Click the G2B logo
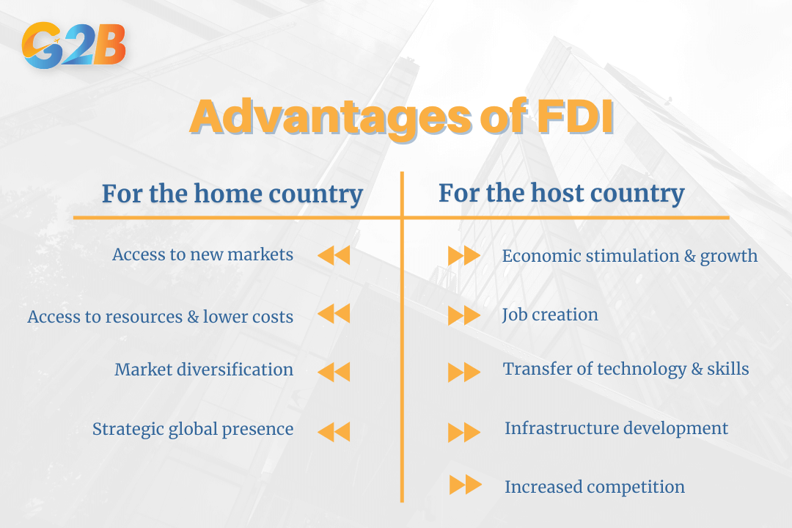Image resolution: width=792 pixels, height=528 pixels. click(74, 45)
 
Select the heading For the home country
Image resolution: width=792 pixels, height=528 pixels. click(232, 194)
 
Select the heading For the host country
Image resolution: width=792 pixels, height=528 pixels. click(561, 194)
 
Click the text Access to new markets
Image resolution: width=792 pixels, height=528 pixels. click(202, 254)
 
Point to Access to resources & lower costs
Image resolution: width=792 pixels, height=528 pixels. click(160, 317)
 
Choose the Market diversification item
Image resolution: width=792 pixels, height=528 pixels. click(203, 370)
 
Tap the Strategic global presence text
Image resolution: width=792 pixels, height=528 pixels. click(192, 429)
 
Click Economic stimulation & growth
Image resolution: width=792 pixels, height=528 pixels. click(629, 256)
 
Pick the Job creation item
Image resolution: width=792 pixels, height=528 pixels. click(550, 315)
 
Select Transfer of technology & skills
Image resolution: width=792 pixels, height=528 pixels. click(626, 369)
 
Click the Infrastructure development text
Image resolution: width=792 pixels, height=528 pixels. click(616, 428)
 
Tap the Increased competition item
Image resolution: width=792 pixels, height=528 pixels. click(594, 486)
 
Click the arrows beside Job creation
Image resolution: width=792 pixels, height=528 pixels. click(464, 315)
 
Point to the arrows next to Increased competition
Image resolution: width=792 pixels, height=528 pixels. click(465, 485)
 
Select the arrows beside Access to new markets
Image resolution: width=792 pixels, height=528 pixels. click(334, 255)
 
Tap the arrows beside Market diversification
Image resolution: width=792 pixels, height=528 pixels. click(334, 372)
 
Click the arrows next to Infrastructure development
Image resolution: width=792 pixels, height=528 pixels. click(464, 432)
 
